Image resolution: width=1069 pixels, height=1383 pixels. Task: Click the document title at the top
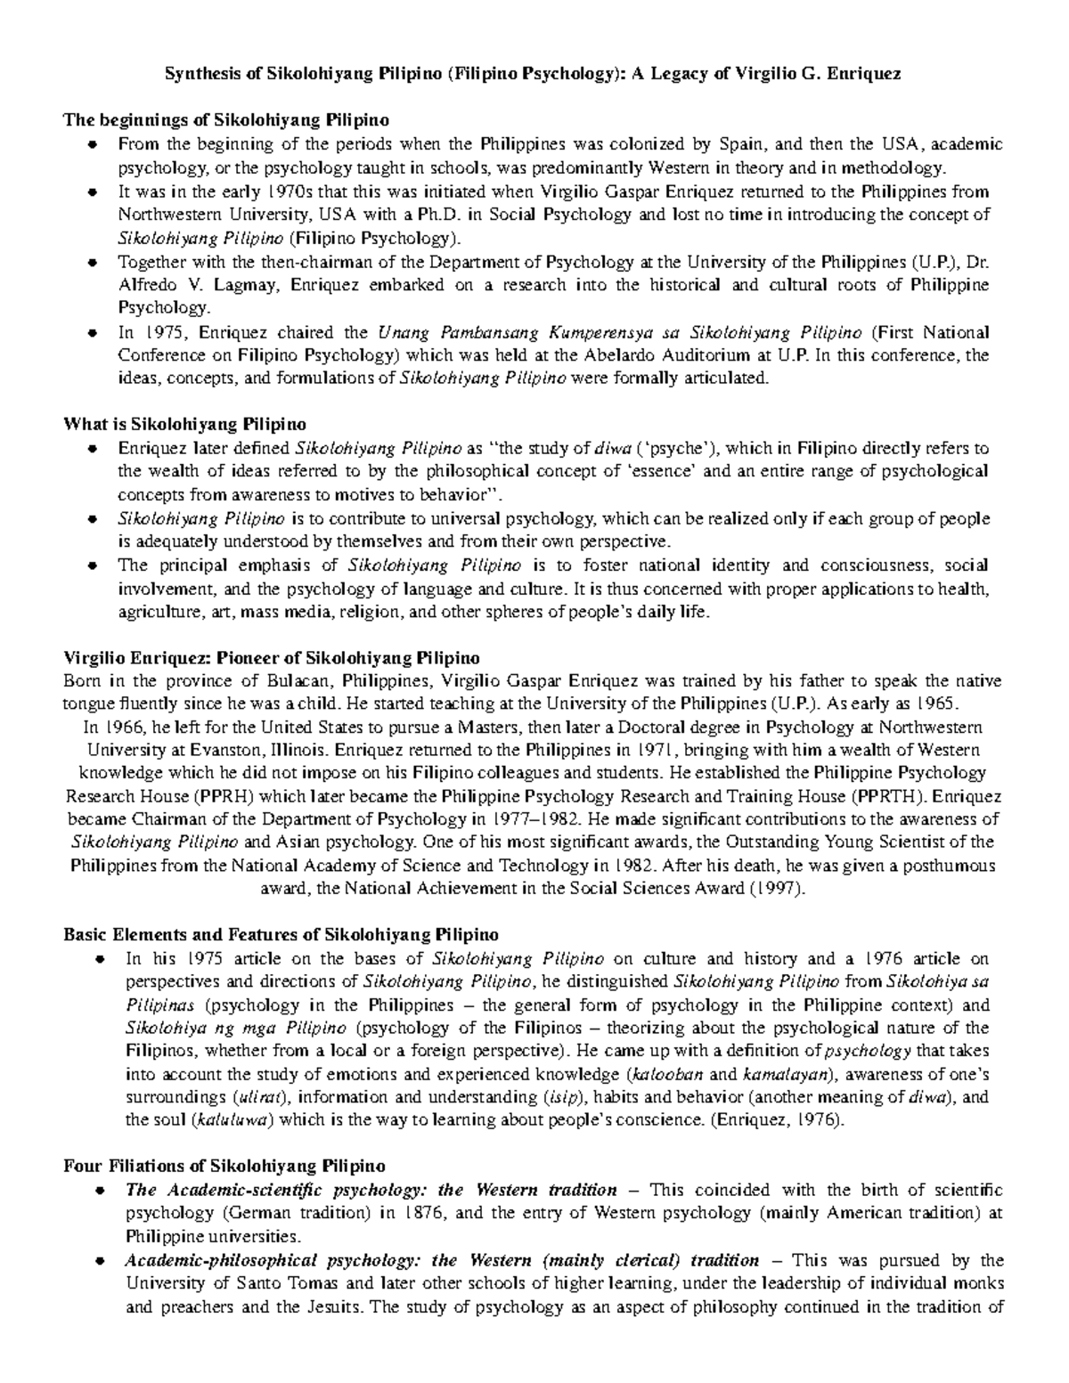coord(534,74)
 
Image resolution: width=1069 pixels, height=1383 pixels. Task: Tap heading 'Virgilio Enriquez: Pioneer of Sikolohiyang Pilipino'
coord(272,658)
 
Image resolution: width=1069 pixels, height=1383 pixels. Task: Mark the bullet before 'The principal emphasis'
coord(93,565)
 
